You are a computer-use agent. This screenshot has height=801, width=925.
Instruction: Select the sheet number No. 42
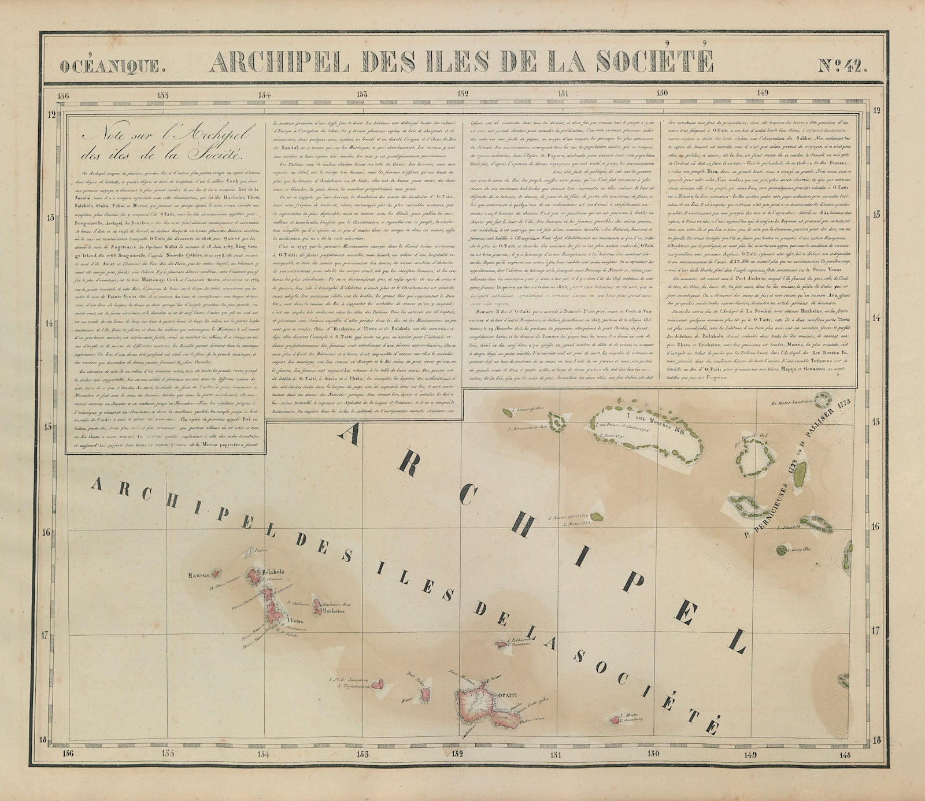coord(842,65)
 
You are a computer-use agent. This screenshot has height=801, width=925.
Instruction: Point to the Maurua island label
coord(198,575)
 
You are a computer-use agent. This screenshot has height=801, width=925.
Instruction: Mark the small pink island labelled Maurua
coord(216,574)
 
